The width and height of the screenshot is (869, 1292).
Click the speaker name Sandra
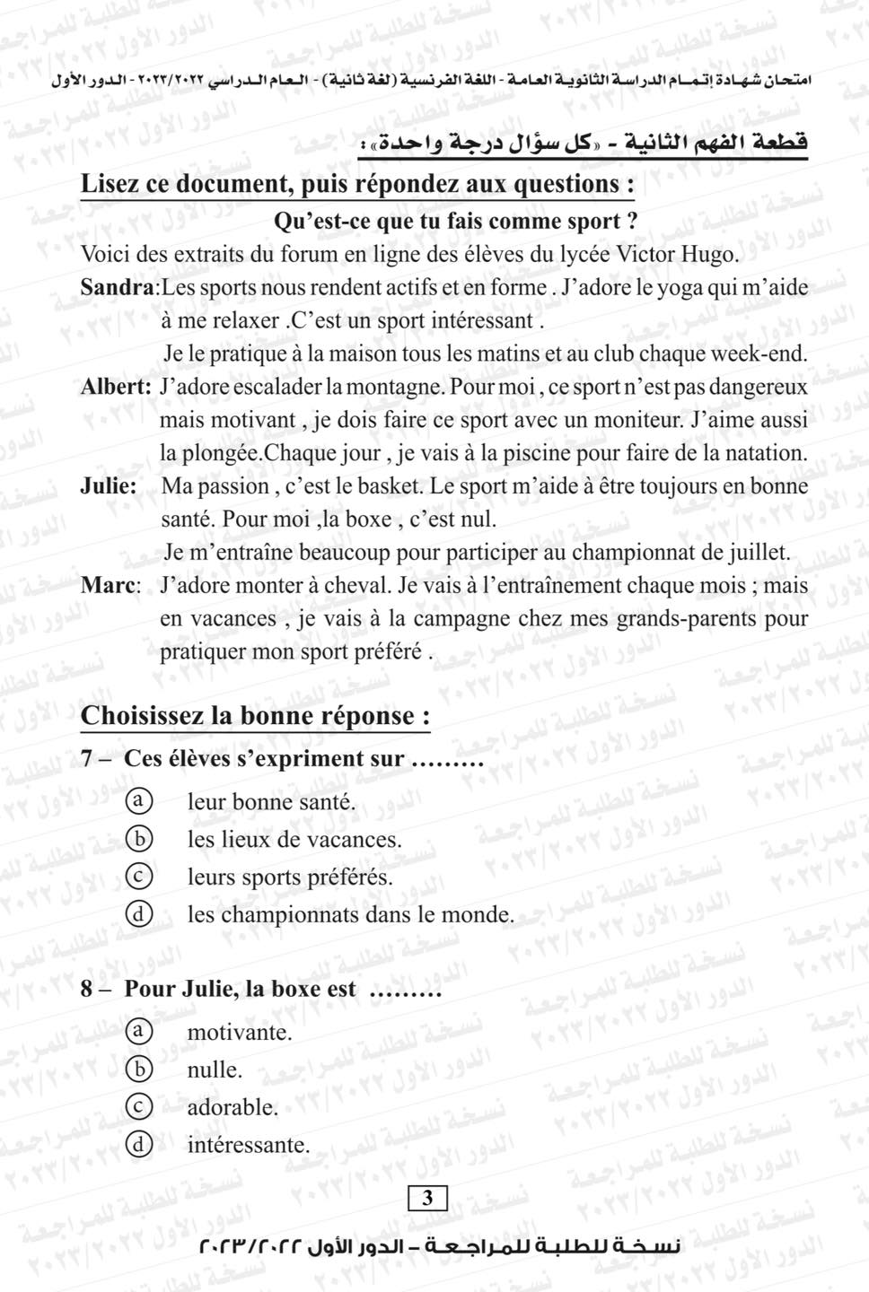(x=118, y=287)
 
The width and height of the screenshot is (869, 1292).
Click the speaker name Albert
(x=114, y=387)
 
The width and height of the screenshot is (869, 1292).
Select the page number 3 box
(x=427, y=1198)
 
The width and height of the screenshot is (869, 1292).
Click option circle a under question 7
(x=137, y=800)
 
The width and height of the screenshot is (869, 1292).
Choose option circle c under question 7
(x=137, y=876)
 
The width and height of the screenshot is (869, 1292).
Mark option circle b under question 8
(x=137, y=1069)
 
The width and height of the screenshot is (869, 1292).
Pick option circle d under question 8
(x=137, y=1144)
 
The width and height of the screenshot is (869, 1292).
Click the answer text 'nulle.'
(x=215, y=1069)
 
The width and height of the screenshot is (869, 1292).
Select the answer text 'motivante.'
(x=240, y=1032)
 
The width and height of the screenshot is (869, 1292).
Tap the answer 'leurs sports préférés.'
(x=290, y=877)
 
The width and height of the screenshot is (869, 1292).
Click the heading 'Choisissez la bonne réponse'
(x=255, y=716)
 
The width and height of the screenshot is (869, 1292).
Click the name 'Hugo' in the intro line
(x=712, y=254)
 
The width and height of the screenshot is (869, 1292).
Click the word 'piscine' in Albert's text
(x=536, y=453)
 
